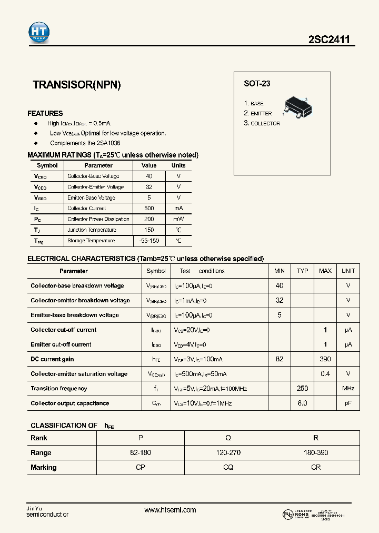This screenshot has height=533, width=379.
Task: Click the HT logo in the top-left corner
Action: [39, 33]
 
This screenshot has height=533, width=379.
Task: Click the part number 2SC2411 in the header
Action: [330, 40]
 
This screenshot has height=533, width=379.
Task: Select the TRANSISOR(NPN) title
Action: [77, 85]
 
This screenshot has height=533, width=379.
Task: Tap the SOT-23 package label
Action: [257, 83]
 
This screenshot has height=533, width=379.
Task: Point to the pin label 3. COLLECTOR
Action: [262, 123]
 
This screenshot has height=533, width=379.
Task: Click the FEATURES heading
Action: [45, 113]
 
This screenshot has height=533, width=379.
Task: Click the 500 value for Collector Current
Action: [149, 209]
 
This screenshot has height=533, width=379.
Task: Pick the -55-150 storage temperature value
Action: [149, 241]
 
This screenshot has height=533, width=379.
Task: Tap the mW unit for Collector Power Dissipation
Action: [178, 219]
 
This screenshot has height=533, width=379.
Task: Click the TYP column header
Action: [302, 271]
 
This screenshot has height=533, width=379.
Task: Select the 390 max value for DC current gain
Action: [325, 359]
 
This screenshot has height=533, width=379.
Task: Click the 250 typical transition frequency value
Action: [302, 389]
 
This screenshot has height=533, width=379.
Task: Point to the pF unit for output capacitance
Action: [348, 403]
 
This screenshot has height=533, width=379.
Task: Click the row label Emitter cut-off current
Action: [61, 344]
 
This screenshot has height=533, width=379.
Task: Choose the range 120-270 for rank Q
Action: [228, 453]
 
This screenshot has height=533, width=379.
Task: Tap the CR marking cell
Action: [316, 468]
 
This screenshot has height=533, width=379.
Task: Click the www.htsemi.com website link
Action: [170, 510]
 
